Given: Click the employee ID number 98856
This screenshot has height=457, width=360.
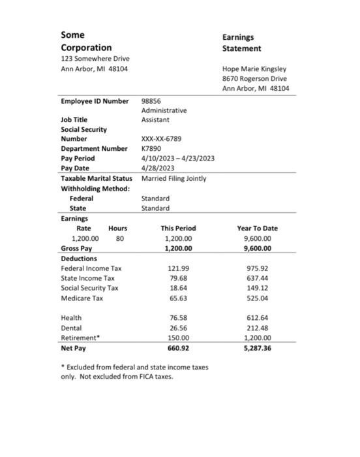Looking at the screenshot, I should [x=151, y=101].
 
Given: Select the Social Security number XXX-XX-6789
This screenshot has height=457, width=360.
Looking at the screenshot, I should [x=161, y=139].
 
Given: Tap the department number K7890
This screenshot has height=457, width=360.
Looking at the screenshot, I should [x=151, y=149].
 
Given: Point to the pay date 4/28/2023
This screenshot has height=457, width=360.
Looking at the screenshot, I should [x=158, y=168].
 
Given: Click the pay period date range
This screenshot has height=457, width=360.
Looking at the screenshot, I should [x=177, y=159].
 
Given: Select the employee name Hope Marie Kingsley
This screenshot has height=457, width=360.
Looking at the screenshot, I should [x=254, y=69].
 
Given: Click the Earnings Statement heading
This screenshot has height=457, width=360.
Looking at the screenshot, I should [x=241, y=42].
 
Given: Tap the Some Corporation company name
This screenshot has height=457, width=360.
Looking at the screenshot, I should [x=85, y=41].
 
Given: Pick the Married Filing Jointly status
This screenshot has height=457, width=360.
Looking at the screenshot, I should [x=173, y=178].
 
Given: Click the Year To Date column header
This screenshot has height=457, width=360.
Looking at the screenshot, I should [x=257, y=228].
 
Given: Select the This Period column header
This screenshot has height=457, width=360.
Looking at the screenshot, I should [x=178, y=228].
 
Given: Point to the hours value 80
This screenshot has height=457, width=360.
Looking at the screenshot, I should [x=119, y=239].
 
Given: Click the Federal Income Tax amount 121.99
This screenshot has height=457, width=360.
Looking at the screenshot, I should [x=178, y=268].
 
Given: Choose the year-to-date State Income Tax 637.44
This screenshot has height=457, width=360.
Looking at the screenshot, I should [x=257, y=278].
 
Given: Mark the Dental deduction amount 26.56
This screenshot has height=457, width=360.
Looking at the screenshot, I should [x=178, y=328].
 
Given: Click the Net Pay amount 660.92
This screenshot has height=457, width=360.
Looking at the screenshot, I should [x=178, y=348].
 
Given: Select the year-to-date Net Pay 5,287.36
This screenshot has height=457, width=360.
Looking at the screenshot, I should [x=257, y=348].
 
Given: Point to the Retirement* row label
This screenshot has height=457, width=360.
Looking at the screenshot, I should [x=80, y=338].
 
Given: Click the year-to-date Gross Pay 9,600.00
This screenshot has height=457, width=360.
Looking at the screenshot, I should [x=257, y=249].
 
